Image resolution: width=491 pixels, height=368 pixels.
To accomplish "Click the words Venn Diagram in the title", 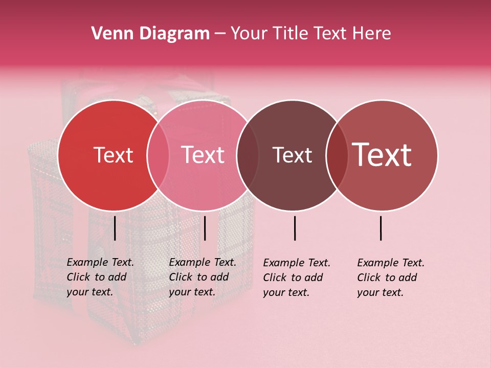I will [x=150, y=34].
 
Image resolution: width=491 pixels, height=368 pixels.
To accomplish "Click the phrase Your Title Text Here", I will [x=310, y=34].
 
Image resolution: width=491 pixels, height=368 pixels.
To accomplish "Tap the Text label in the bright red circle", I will [x=113, y=155].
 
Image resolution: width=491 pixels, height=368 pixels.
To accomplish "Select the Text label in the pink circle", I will [x=203, y=155].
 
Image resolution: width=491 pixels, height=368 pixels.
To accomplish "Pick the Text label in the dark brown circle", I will [x=292, y=155].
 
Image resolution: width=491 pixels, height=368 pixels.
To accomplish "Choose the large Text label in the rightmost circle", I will [x=382, y=155].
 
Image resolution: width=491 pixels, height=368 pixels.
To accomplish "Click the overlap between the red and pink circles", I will [x=158, y=155].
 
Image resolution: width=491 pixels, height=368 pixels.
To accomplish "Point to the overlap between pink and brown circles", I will [x=248, y=155].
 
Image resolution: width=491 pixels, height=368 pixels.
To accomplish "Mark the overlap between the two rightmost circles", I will [x=337, y=155].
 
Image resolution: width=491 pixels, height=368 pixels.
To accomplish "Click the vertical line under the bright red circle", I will [x=115, y=228].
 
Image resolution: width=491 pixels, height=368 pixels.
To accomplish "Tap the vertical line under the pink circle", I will [x=205, y=228].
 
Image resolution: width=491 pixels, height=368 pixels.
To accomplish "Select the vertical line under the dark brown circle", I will [x=295, y=228].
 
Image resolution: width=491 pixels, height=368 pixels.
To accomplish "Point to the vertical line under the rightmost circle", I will [x=381, y=228].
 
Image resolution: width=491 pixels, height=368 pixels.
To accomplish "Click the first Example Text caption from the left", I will [x=100, y=277].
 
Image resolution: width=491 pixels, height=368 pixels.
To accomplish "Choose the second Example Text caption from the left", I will [x=203, y=277].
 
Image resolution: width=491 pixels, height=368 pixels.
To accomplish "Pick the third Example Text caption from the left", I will [x=297, y=278].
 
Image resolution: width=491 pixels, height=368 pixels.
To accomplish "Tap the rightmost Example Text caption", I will [x=391, y=278].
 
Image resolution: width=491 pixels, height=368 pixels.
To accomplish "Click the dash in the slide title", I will [x=220, y=34].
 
